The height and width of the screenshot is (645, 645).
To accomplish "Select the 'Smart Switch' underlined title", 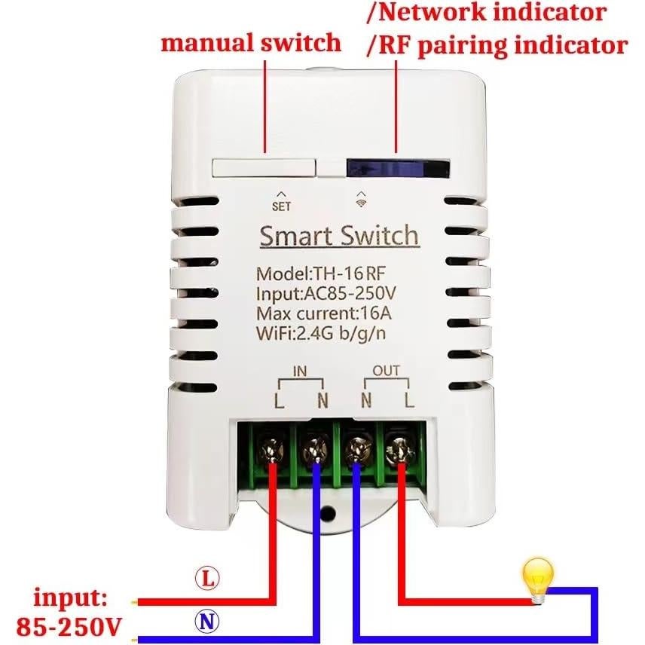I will click(x=338, y=236).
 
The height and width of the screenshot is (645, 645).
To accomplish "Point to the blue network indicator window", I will click(x=397, y=167).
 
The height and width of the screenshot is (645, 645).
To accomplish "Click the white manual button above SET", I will click(x=263, y=167).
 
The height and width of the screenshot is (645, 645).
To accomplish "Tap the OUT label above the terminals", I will click(x=387, y=371).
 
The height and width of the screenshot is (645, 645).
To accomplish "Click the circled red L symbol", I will click(x=206, y=579).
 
